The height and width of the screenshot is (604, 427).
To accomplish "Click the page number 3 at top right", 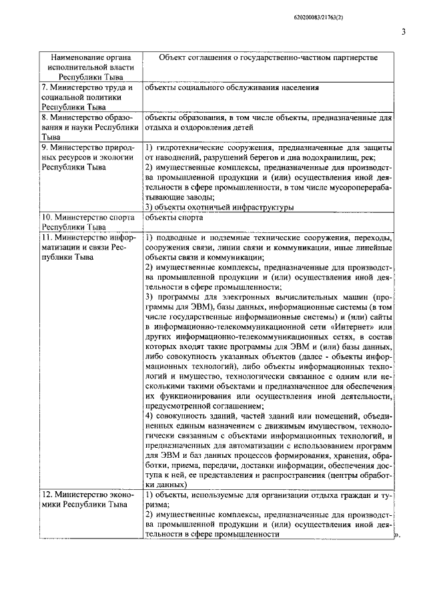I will pos(403,31).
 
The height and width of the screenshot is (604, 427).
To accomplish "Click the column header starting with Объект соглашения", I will pos(268,58).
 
